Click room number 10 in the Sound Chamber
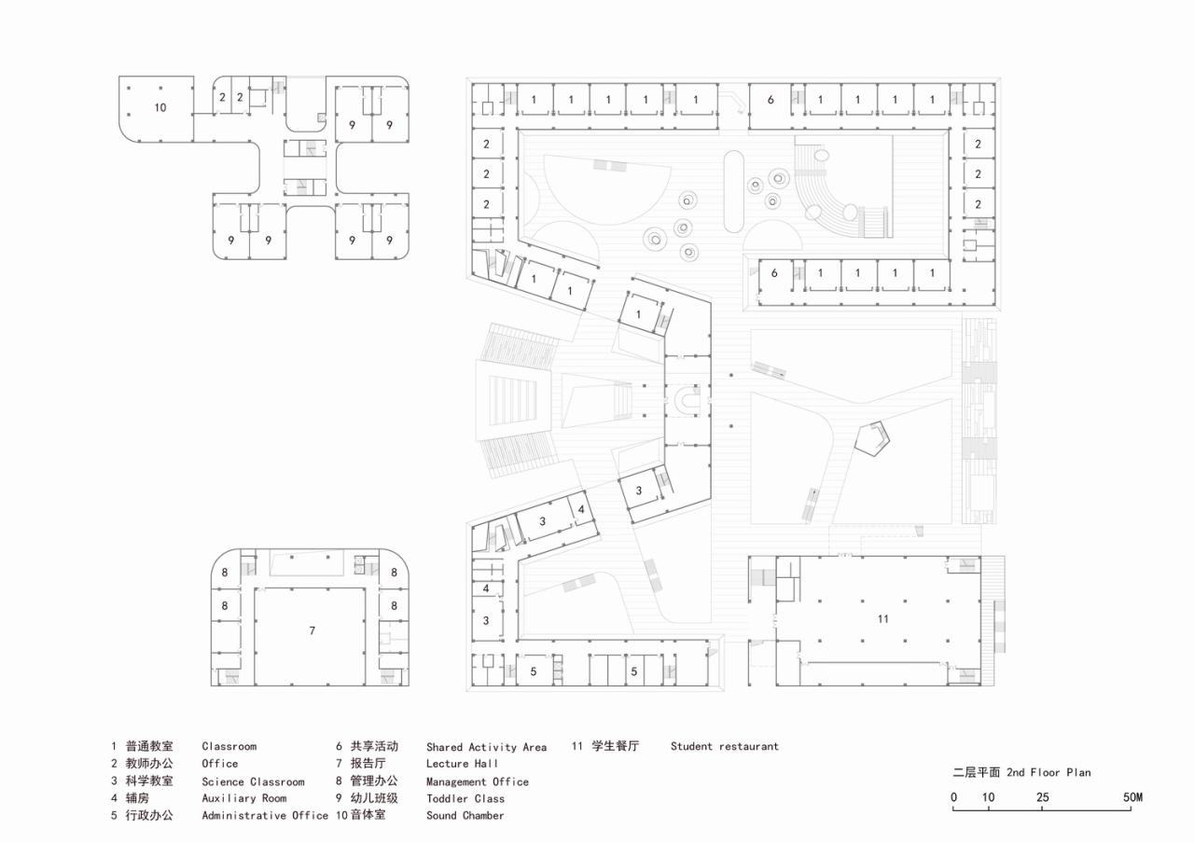pyautogui.click(x=160, y=108)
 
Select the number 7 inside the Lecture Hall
pyautogui.click(x=312, y=631)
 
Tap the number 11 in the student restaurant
pyautogui.click(x=882, y=619)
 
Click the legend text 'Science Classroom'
pyautogui.click(x=253, y=781)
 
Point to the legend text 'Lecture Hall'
pyautogui.click(x=462, y=764)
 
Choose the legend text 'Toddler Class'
pyautogui.click(x=465, y=798)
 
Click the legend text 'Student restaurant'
pyautogui.click(x=724, y=746)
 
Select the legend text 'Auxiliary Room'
pyautogui.click(x=243, y=798)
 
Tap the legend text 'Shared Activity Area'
pyautogui.click(x=486, y=747)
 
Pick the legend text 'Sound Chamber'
pyautogui.click(x=465, y=815)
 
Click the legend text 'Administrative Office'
pyautogui.click(x=265, y=815)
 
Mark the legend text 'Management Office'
pyautogui.click(x=477, y=781)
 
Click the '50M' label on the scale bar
pyautogui.click(x=1132, y=797)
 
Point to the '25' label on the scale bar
pyautogui.click(x=1042, y=797)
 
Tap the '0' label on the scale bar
pyautogui.click(x=953, y=797)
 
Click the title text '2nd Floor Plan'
pyautogui.click(x=1048, y=772)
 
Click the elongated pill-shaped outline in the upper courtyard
pyautogui.click(x=732, y=190)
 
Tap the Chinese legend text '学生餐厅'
pyautogui.click(x=615, y=746)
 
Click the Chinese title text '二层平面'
pyautogui.click(x=976, y=772)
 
